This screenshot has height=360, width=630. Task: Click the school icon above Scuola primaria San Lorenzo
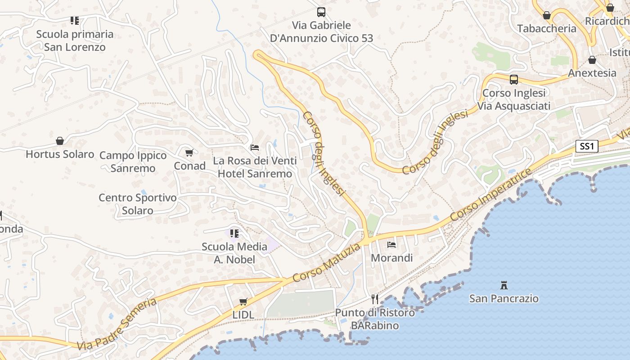click(x=74, y=20)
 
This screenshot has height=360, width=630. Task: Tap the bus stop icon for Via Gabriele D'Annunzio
click(x=321, y=12)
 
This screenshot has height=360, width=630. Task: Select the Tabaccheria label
click(x=546, y=28)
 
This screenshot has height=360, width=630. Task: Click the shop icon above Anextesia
click(x=592, y=60)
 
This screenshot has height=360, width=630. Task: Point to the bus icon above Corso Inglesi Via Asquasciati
click(x=513, y=80)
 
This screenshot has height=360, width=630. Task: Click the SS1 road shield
click(x=587, y=146)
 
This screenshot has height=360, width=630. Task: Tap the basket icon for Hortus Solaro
click(x=60, y=141)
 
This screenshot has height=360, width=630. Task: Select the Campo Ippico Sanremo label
click(x=133, y=162)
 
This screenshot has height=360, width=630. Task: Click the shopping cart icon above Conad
click(x=189, y=153)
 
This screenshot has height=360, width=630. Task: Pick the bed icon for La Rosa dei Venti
click(x=255, y=148)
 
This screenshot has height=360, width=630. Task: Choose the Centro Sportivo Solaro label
click(x=138, y=204)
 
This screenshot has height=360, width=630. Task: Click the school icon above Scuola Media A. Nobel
click(x=234, y=233)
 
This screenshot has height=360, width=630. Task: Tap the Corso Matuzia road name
click(x=326, y=263)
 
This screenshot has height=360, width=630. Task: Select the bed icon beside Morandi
click(x=391, y=245)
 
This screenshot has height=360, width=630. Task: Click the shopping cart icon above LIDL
click(x=243, y=301)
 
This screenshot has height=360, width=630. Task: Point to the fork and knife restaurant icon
click(x=375, y=299)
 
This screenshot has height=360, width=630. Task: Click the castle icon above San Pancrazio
click(x=504, y=285)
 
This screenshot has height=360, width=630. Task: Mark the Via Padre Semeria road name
click(x=117, y=324)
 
